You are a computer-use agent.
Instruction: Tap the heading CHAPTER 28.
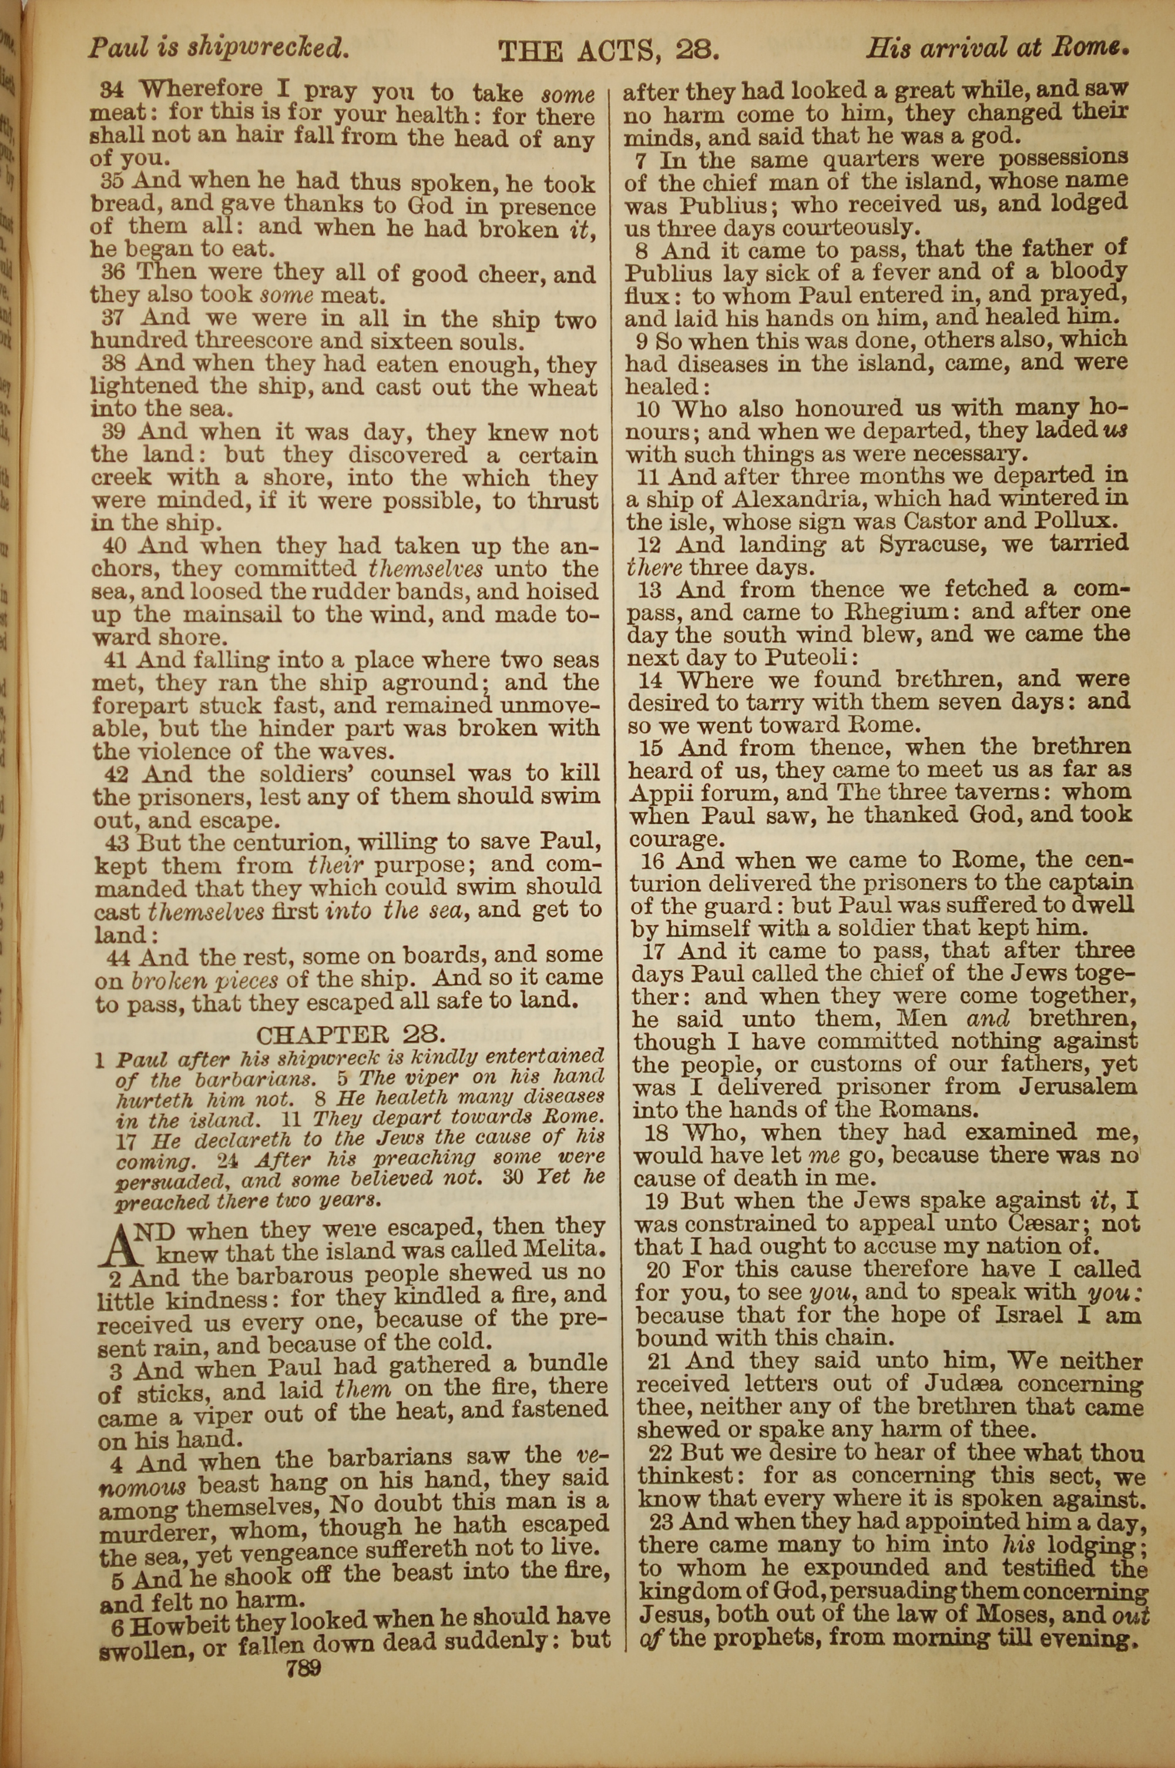tap(351, 1035)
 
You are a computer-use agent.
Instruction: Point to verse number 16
tap(656, 860)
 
